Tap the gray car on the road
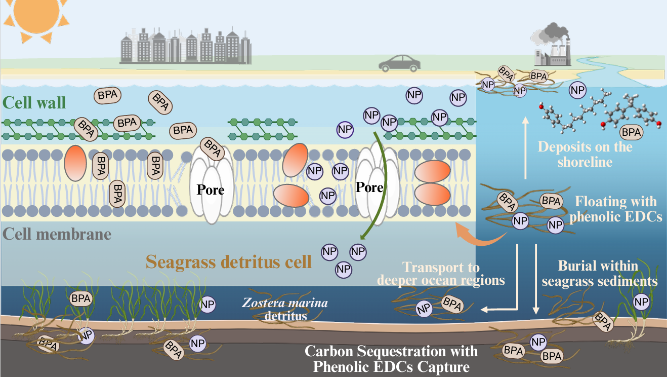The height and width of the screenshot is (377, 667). pyautogui.click(x=399, y=63)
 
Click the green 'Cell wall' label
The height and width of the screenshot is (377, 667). pyautogui.click(x=34, y=103)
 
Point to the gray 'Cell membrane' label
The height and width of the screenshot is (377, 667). pyautogui.click(x=57, y=234)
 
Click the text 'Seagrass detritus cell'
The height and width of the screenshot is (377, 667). pyautogui.click(x=228, y=262)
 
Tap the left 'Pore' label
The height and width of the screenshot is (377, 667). pyautogui.click(x=211, y=190)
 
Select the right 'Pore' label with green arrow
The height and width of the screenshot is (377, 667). pyautogui.click(x=369, y=187)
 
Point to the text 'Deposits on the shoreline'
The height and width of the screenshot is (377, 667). pyautogui.click(x=585, y=155)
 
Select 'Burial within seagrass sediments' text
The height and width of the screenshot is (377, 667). pyautogui.click(x=599, y=273)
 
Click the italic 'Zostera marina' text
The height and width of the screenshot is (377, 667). pyautogui.click(x=285, y=304)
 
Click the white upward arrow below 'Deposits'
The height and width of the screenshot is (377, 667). pyautogui.click(x=525, y=147)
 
